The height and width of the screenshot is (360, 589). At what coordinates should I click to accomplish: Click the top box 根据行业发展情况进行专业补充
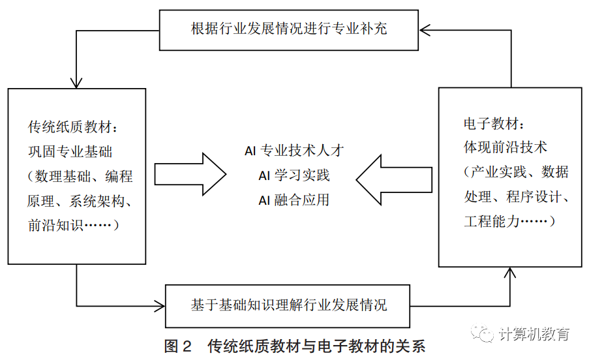tap(289, 29)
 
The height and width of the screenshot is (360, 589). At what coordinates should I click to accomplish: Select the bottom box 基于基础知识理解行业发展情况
tap(289, 305)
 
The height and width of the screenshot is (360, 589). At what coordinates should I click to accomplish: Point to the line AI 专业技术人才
tap(294, 151)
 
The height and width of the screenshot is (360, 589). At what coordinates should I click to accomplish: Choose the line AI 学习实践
tap(294, 175)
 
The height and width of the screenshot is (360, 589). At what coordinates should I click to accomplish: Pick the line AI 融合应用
tap(294, 200)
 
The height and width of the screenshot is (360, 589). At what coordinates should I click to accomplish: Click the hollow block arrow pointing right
tap(190, 175)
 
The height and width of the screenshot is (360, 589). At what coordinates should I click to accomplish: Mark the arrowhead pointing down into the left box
tap(77, 83)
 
